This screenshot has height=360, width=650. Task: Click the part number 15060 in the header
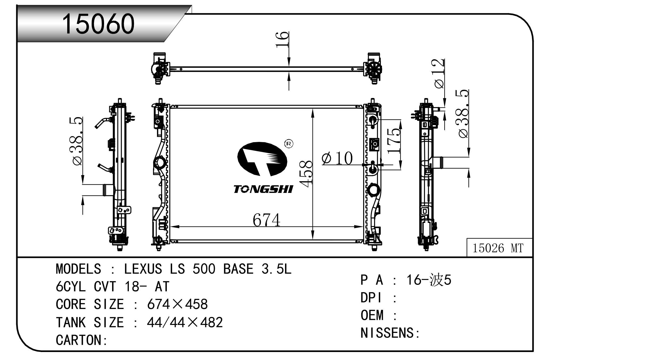click(98, 24)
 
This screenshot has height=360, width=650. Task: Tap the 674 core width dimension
click(266, 220)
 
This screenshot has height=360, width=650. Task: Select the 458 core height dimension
click(305, 174)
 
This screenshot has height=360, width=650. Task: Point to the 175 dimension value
click(394, 141)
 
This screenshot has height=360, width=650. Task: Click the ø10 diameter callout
click(337, 158)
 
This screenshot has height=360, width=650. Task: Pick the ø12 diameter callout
click(439, 73)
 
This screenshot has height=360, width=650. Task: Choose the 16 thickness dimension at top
click(282, 40)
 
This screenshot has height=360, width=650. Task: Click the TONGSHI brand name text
click(263, 189)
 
